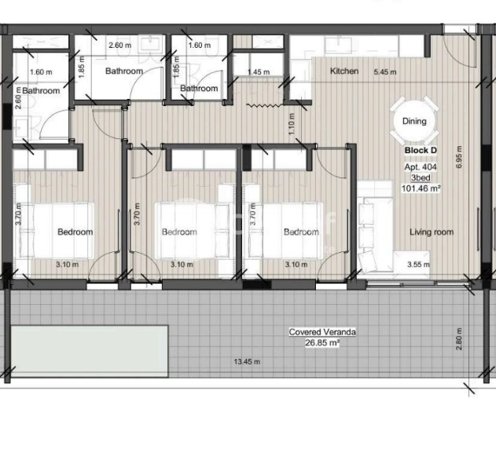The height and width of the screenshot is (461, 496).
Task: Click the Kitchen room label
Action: pos(344,71)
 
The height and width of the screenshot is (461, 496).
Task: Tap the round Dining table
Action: pos(414,121)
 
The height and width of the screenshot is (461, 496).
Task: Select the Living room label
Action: pos(432,232)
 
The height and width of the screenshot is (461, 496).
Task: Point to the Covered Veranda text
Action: pos(322,332)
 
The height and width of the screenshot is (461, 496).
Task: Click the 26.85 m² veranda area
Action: pos(322,342)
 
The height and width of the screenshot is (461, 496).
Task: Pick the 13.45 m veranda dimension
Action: pos(247,361)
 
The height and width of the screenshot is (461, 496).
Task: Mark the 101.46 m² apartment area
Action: pos(421,188)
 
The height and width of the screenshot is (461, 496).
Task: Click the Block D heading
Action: pos(421,151)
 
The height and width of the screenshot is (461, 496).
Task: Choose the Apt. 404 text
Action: pos(421,166)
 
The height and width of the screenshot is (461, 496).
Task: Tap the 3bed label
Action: pos(421,177)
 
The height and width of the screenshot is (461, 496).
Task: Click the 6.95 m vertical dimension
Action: pos(459,157)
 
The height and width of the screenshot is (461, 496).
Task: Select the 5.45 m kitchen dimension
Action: pos(385,72)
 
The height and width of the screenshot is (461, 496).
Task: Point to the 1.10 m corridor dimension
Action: pos(292,124)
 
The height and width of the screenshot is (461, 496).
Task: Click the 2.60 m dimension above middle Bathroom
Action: pos(120,46)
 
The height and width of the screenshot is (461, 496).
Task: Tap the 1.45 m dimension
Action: pos(259,72)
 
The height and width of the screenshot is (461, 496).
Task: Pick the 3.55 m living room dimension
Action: pos(418,265)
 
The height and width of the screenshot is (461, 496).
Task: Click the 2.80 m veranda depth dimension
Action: pos(459,339)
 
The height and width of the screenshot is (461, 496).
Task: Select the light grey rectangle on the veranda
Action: pos(89,351)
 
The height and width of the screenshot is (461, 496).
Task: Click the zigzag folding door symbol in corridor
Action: pos(264,105)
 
